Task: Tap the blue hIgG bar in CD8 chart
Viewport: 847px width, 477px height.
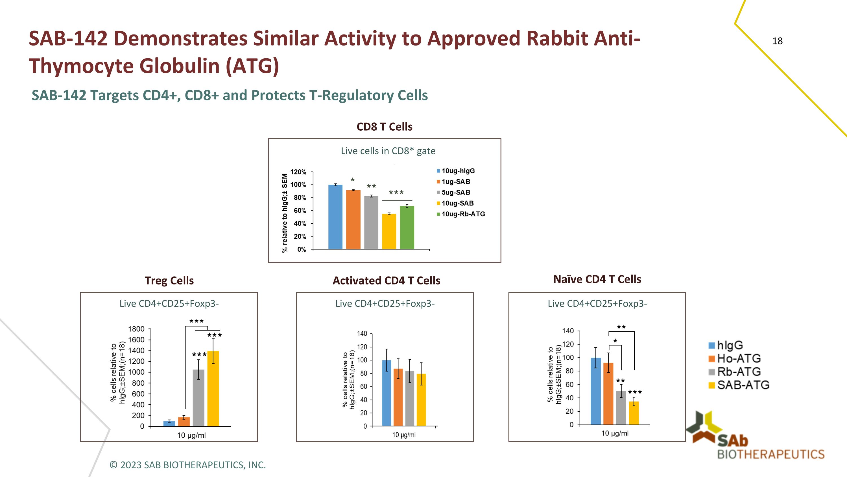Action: tap(335, 217)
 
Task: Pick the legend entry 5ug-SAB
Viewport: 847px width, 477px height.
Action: tap(455, 193)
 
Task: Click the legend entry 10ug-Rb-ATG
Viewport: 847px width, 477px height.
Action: tap(463, 214)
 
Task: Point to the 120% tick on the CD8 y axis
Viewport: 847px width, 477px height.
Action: tap(298, 172)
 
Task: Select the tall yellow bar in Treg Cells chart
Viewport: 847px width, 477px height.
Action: tap(213, 388)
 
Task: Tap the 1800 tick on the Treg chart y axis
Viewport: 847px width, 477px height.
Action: tap(136, 329)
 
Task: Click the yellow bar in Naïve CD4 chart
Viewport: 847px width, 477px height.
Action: tap(634, 413)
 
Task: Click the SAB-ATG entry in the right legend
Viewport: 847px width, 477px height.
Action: tap(743, 385)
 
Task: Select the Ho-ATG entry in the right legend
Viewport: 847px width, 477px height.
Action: tap(739, 358)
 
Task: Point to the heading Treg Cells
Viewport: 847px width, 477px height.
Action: tap(169, 280)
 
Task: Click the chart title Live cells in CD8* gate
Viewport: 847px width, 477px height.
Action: tap(388, 151)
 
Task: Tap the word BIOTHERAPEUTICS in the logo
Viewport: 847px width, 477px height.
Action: tap(771, 454)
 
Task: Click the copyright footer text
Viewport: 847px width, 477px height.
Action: tap(188, 465)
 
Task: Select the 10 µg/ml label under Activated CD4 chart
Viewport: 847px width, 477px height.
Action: tap(404, 435)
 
